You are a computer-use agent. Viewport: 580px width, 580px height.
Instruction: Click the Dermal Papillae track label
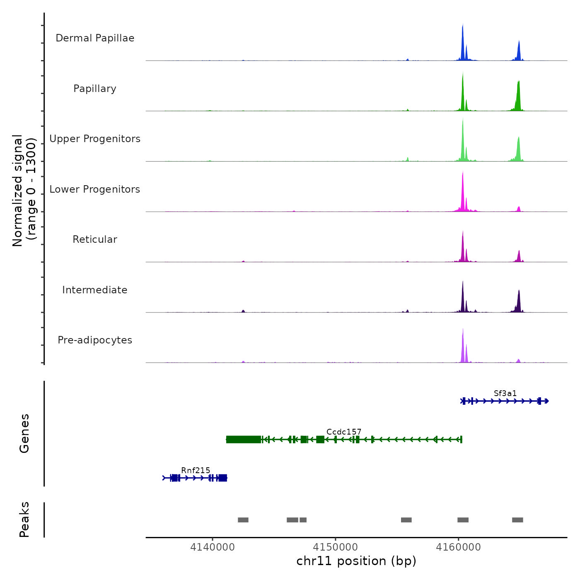pos(95,38)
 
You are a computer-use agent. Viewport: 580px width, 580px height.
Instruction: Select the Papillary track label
pos(95,89)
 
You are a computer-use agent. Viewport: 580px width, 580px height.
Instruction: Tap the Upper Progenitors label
pos(95,139)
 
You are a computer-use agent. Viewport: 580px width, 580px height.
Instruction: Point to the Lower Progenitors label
pos(95,189)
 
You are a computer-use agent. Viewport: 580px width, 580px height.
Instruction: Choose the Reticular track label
pos(95,239)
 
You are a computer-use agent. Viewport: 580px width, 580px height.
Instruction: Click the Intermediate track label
pos(95,290)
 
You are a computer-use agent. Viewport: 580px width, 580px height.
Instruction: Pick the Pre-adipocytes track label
pos(95,340)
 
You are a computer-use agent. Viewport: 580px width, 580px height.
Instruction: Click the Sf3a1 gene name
pos(505,393)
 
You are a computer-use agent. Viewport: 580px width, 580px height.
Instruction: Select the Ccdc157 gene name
pos(344,432)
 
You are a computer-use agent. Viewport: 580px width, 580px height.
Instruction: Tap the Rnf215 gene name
pos(196,470)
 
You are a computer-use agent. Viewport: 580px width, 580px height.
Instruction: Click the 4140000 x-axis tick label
pos(213,547)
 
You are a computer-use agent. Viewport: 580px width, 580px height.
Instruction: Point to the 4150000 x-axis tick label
pos(336,547)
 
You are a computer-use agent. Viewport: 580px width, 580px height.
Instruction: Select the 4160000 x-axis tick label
pos(458,547)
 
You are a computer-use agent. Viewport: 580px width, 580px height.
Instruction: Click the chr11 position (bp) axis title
pos(356,561)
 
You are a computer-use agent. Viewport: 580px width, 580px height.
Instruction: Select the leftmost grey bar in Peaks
pos(243,520)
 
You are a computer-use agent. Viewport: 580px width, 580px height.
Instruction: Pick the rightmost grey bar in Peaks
pos(517,520)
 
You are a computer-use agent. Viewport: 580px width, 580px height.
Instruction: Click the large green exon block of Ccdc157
pos(244,440)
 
